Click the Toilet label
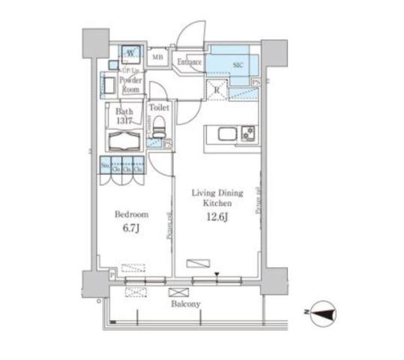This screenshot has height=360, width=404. (x=159, y=108)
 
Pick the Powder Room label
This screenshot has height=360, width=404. (x=130, y=83)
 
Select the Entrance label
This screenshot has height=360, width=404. (x=190, y=61)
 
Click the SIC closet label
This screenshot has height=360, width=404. (x=238, y=64)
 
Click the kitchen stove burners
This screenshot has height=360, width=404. (x=247, y=135)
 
